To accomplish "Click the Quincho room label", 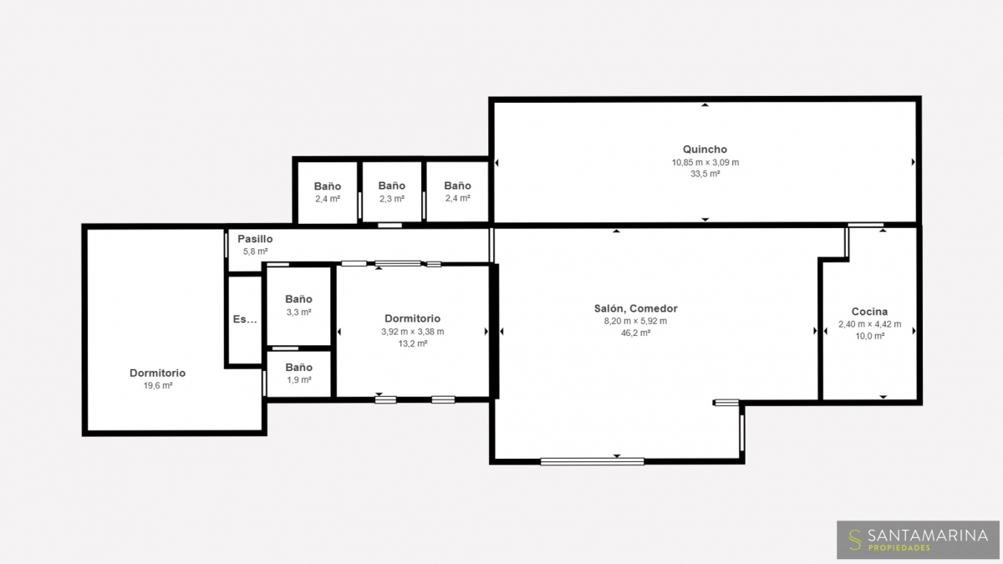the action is [x=705, y=150].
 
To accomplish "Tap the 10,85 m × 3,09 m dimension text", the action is [x=705, y=162].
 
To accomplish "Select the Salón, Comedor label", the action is [x=635, y=308].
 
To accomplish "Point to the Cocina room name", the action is [x=869, y=312].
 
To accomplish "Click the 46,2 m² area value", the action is [x=635, y=333].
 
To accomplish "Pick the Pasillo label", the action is [x=255, y=239].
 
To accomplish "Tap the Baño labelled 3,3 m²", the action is [x=298, y=299].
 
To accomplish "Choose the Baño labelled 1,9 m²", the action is [x=298, y=368].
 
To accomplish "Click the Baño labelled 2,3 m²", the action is [x=392, y=185].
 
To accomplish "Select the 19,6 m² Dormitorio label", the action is [x=158, y=373].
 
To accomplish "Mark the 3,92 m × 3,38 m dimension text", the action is [x=412, y=332].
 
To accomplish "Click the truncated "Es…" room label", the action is [x=245, y=319].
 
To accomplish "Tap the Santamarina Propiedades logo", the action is [x=918, y=540].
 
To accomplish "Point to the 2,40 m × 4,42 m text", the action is [x=869, y=324].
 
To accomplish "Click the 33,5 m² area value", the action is [x=705, y=174].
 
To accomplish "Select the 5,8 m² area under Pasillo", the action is [x=255, y=252].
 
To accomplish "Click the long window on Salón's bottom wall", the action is [x=592, y=461].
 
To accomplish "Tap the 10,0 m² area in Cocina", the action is [x=869, y=336].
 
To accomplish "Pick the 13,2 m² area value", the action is [x=412, y=343].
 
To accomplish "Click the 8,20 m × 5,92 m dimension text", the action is [x=635, y=321].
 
